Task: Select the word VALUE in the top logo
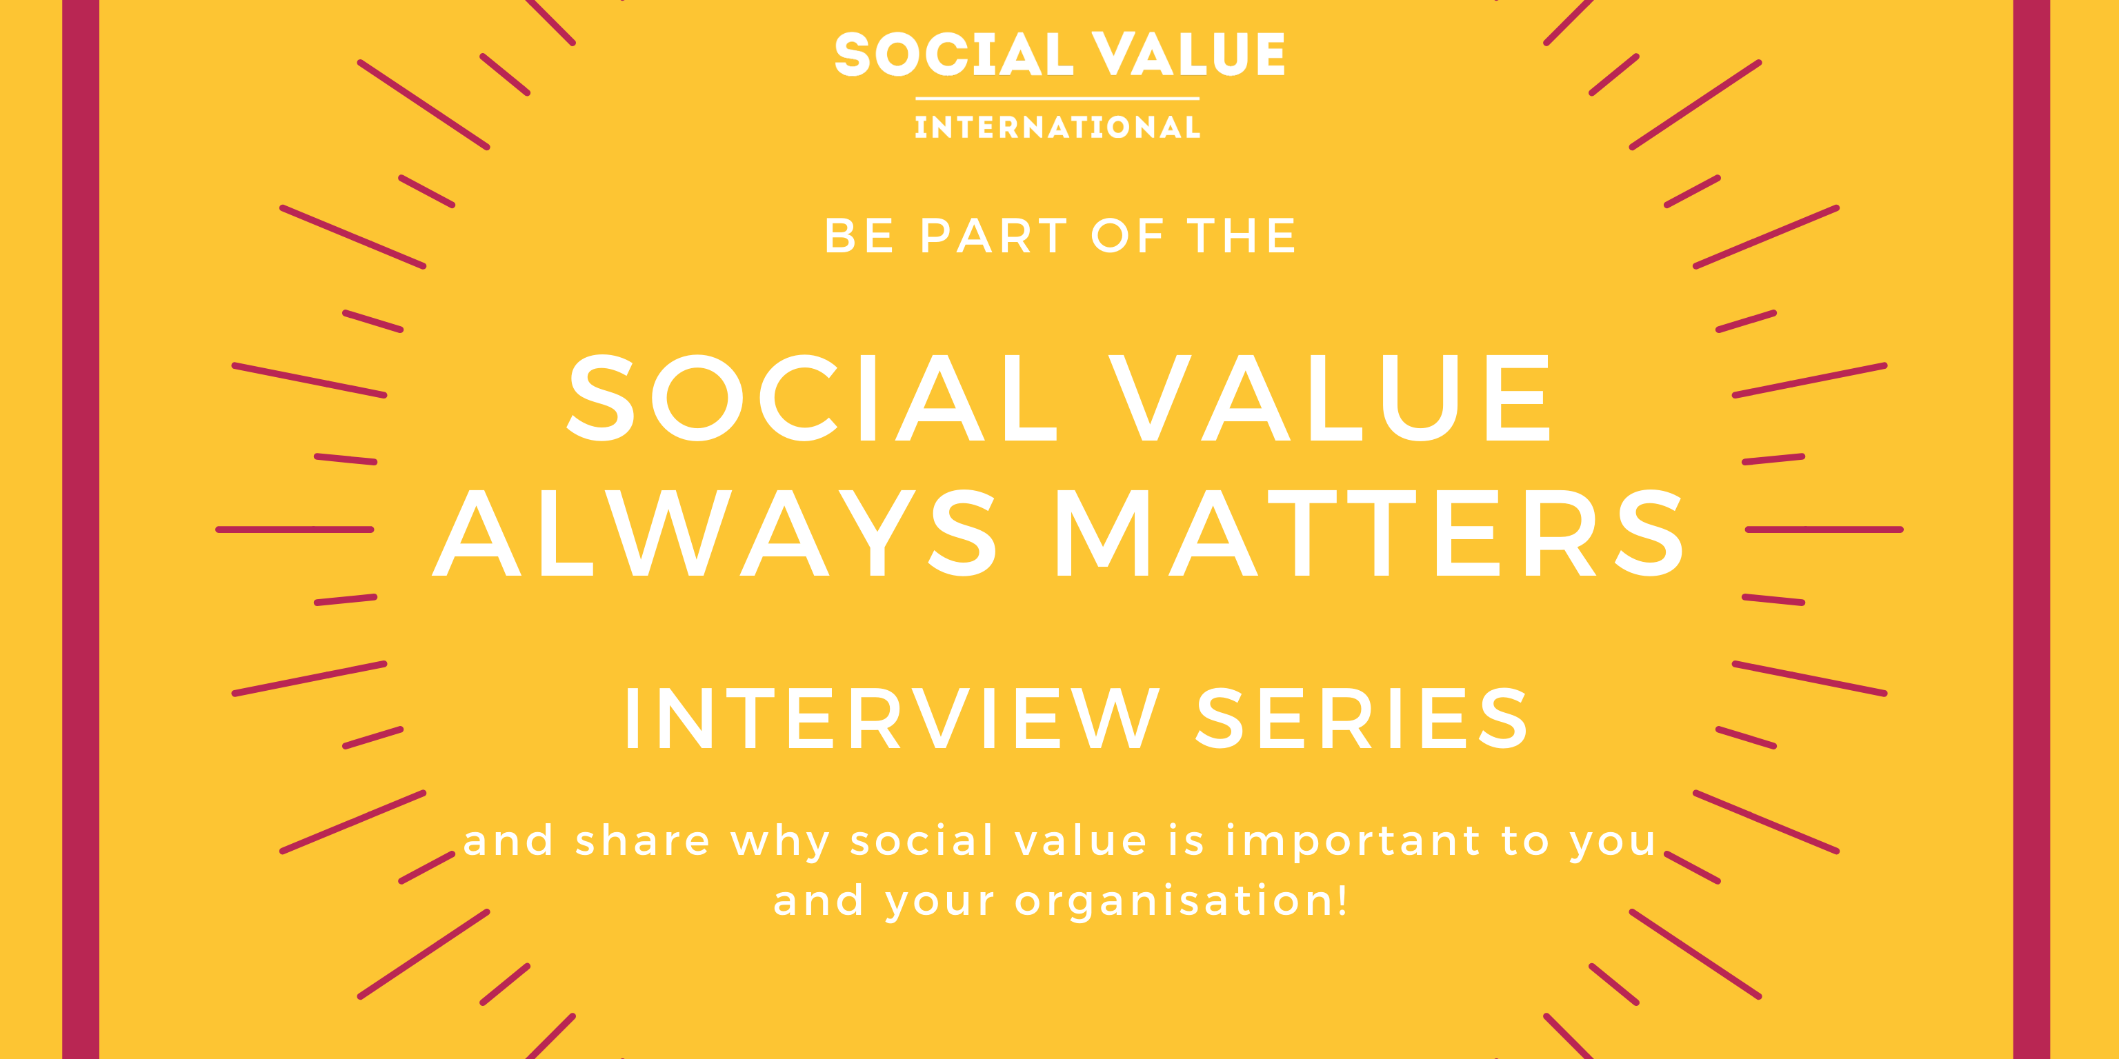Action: point(1188,54)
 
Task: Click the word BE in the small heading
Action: point(859,236)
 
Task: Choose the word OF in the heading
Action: point(1127,236)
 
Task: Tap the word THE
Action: point(1242,236)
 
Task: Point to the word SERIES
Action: point(1362,718)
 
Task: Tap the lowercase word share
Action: point(642,840)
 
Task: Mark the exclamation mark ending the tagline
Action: point(1342,900)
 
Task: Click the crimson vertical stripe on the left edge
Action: point(81,529)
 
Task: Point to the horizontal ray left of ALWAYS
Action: point(295,529)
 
